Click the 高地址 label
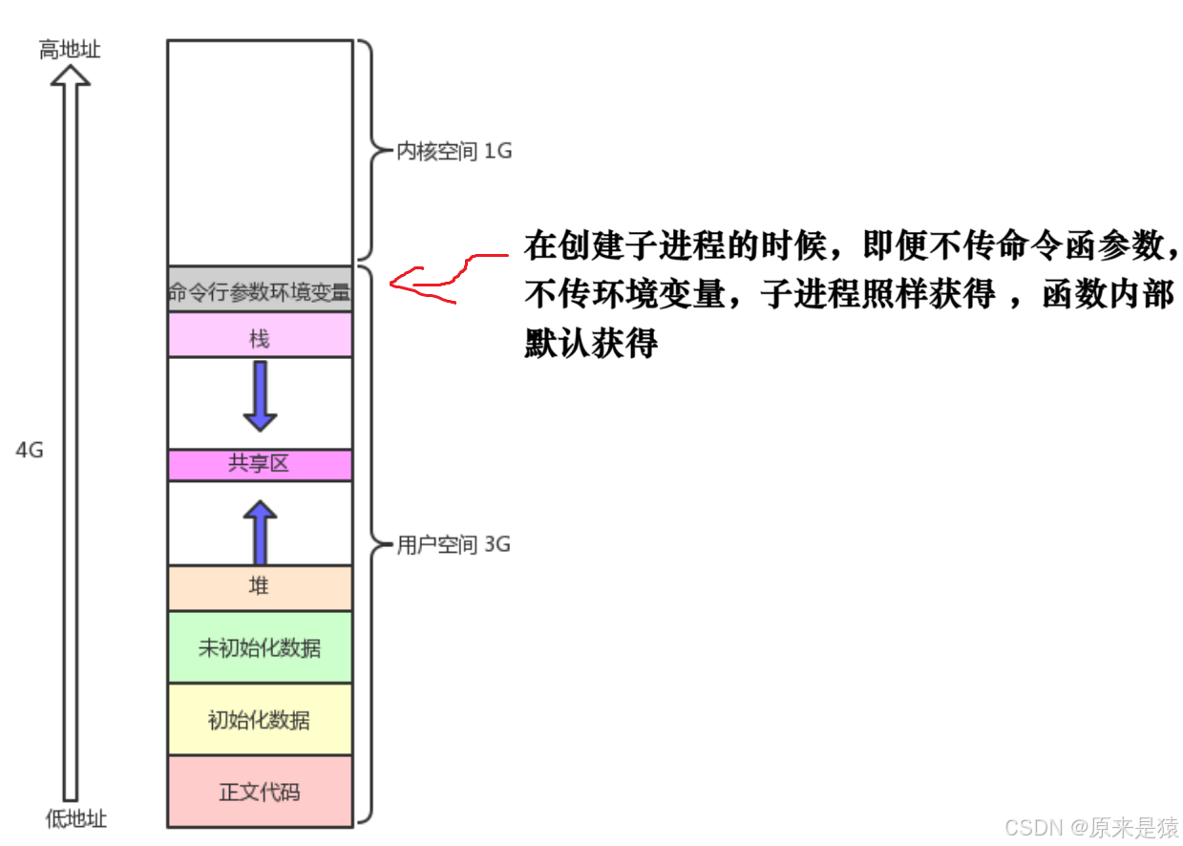pos(70,50)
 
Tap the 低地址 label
pos(76,819)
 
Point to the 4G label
pos(30,450)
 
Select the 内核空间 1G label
pos(454,151)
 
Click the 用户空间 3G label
pos(454,545)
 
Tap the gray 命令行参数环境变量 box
pos(260,291)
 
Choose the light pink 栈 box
pos(260,336)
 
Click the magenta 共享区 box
pos(260,465)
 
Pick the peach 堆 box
pos(260,587)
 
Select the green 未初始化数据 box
pos(260,647)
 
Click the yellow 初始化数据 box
pos(260,719)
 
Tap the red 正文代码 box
pos(260,792)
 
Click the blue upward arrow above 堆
pos(260,533)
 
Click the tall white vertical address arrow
pos(70,439)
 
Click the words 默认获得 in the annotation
pos(591,342)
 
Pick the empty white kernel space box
pos(260,153)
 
